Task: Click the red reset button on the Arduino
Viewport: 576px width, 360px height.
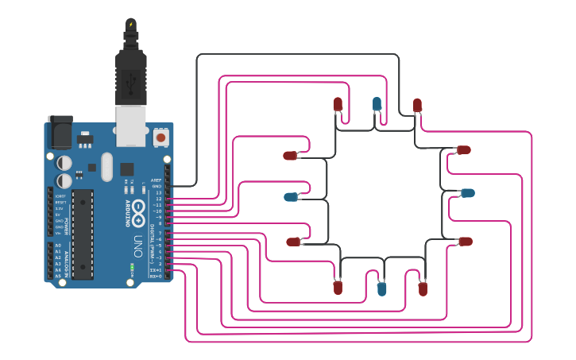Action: tap(161, 137)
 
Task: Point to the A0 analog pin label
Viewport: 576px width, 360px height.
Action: tap(57, 246)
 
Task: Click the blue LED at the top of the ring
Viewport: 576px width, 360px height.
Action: tap(377, 103)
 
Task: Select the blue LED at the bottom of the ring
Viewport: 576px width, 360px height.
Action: tap(382, 288)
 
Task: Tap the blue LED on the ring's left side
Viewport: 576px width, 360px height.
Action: tap(291, 196)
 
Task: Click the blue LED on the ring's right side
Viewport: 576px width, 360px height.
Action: tap(468, 192)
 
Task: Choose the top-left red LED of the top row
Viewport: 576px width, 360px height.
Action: tap(338, 103)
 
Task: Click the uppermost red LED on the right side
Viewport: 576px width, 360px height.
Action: tap(464, 149)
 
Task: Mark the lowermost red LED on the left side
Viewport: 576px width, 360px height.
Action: tap(293, 241)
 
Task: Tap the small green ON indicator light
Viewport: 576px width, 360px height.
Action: tap(131, 264)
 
